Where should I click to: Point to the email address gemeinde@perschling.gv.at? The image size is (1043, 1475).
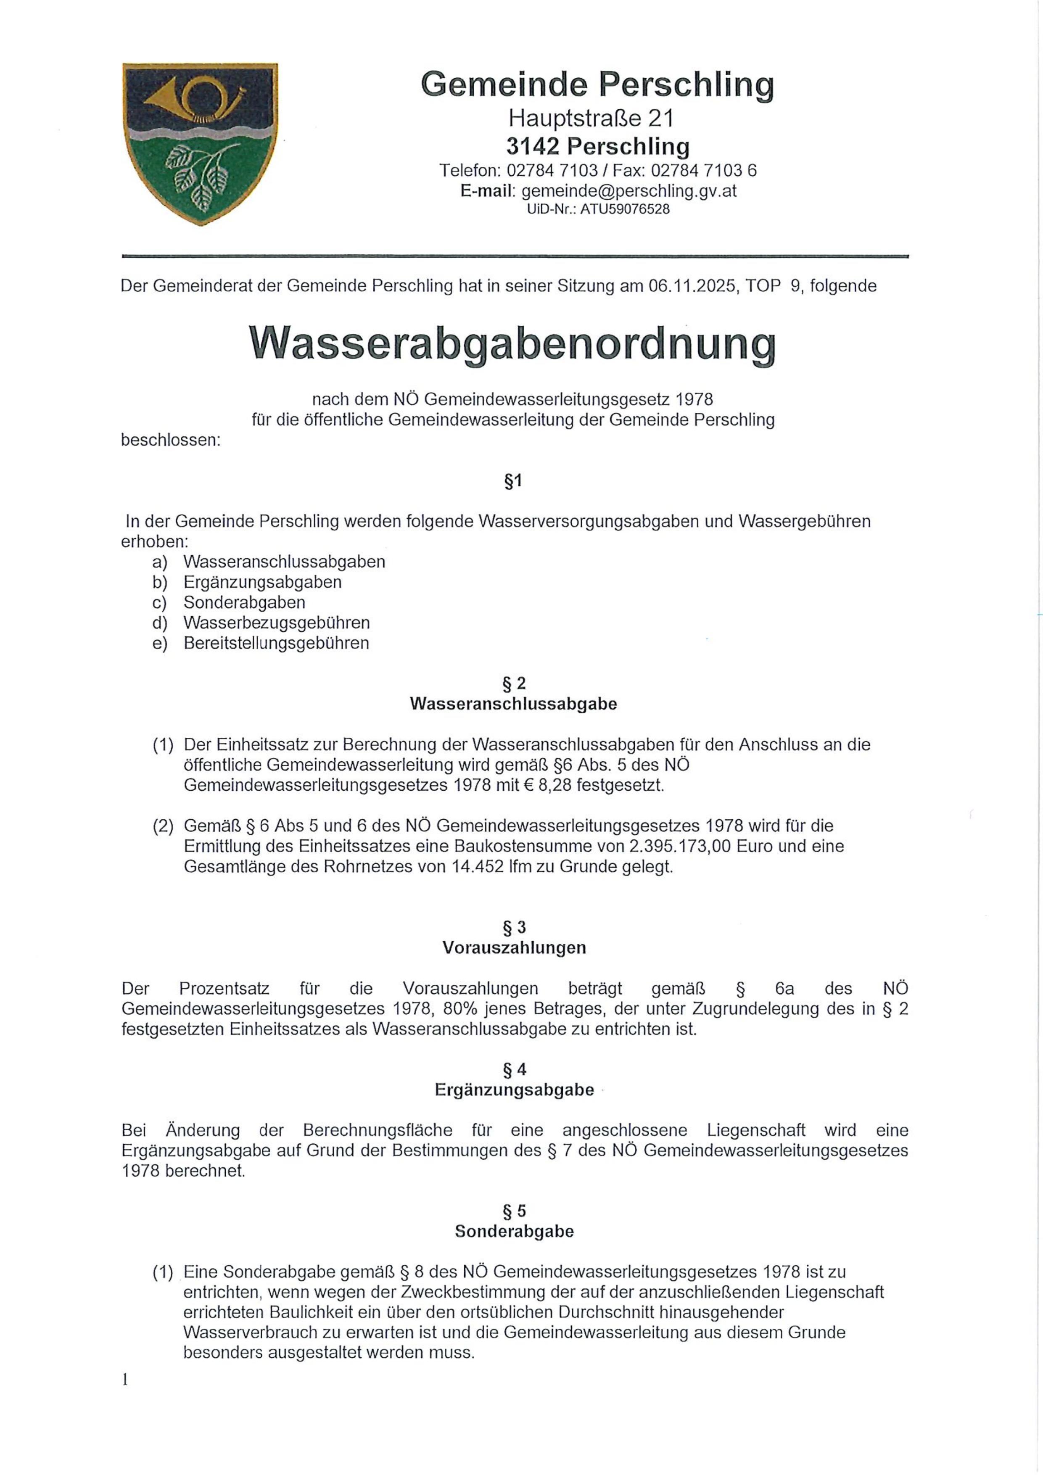[628, 191]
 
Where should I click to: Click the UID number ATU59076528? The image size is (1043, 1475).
[625, 209]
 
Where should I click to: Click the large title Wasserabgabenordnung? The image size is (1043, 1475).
[512, 344]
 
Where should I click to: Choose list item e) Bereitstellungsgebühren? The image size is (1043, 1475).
[276, 643]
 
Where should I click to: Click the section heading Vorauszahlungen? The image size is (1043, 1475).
[514, 947]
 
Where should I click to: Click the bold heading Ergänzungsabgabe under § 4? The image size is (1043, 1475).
[514, 1090]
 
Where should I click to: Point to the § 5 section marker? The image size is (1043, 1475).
[514, 1211]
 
